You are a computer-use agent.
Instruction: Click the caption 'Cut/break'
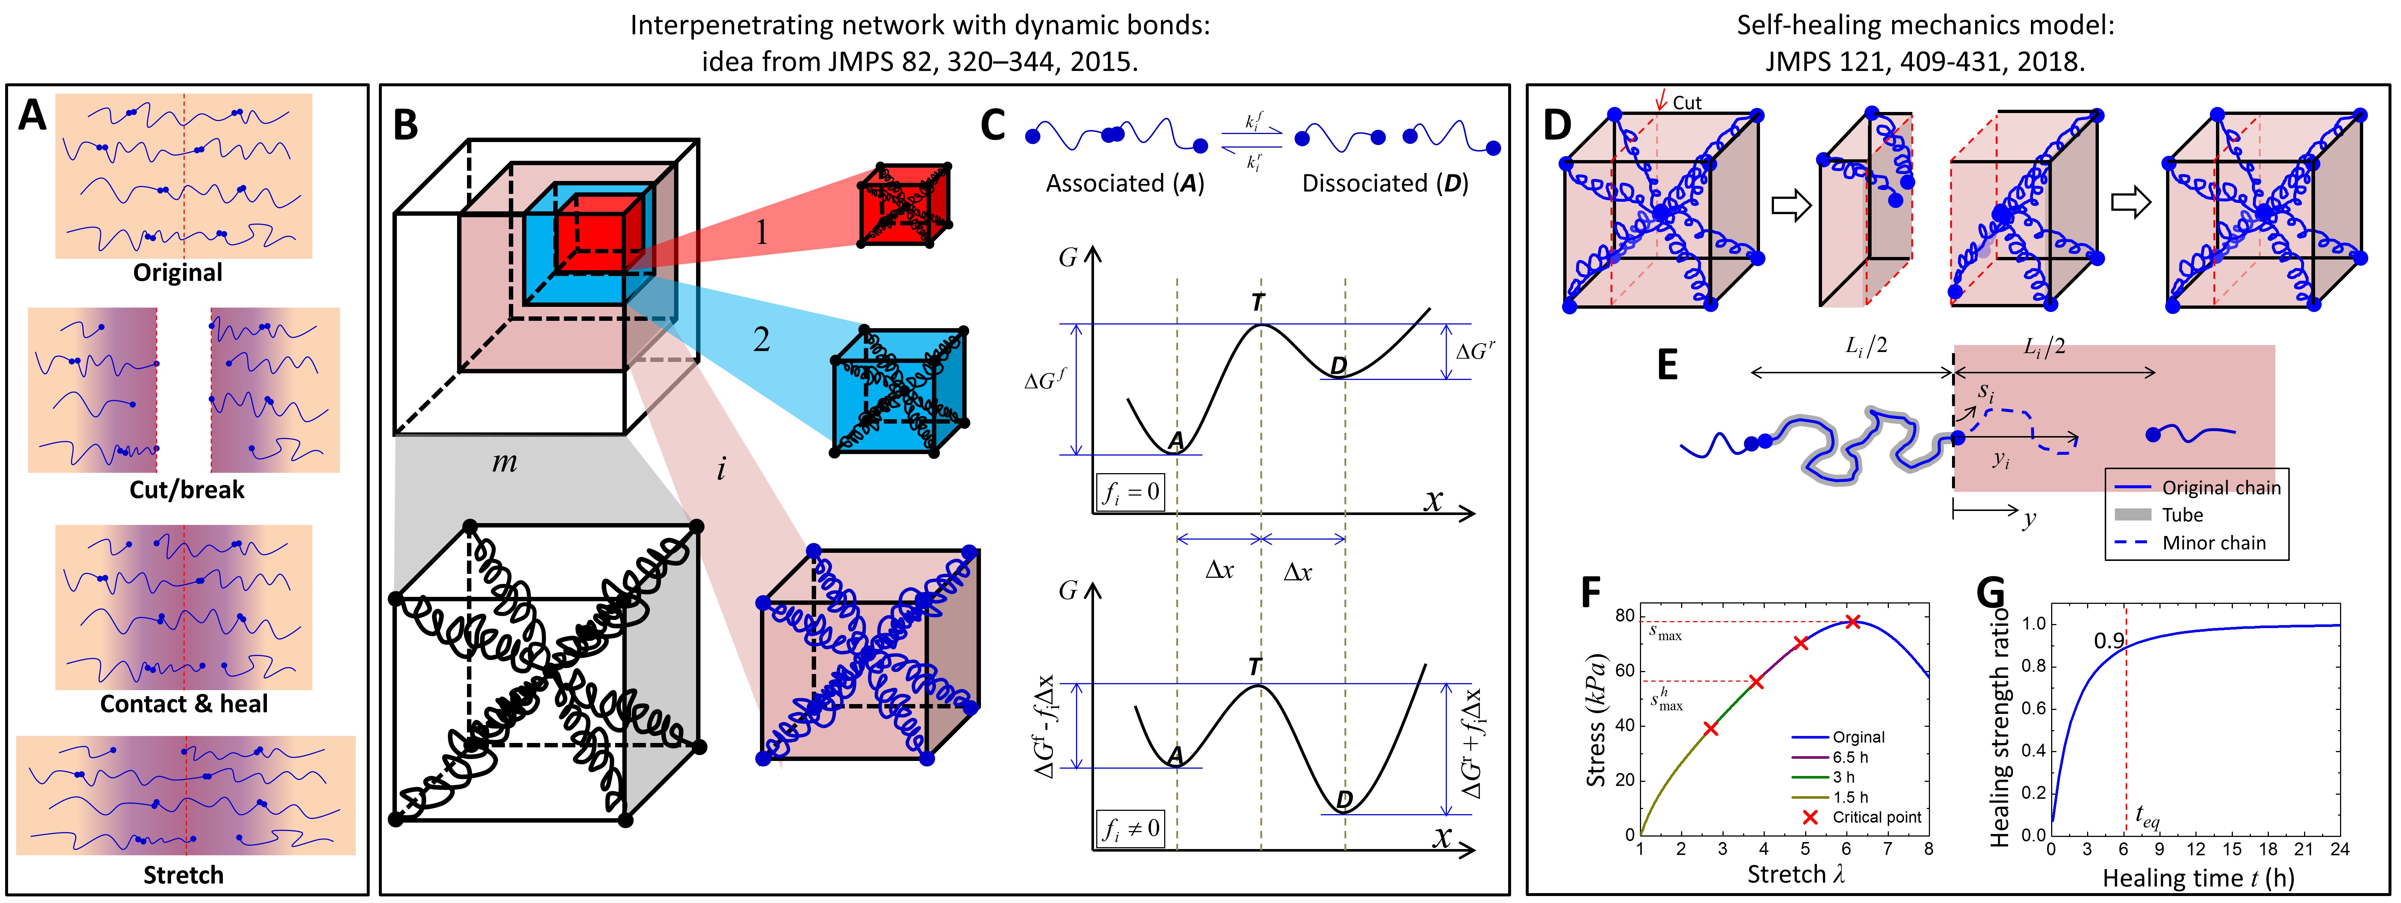point(186,489)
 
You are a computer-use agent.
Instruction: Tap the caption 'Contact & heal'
point(184,704)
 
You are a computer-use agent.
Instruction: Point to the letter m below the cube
point(504,461)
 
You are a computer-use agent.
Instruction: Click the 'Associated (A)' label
point(1125,184)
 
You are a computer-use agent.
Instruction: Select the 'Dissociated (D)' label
point(1385,184)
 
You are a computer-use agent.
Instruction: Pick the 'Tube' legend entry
point(2182,514)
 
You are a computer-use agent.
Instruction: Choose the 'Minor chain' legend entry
point(2213,543)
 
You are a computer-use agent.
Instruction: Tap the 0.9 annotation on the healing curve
point(2108,641)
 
